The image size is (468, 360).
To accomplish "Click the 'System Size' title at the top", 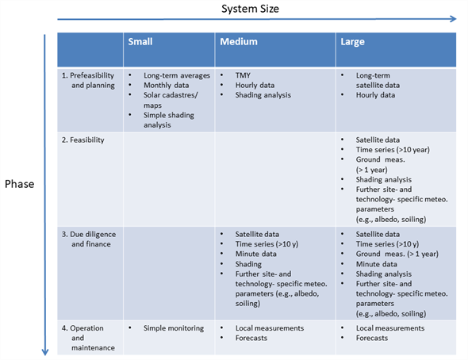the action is pos(250,9).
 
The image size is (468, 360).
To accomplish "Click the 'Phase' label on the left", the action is pos(19,184).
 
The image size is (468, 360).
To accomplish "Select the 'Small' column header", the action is pos(140,41).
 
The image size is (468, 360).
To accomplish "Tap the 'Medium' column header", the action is pos(239,41).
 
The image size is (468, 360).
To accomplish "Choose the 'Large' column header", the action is pos(352,42).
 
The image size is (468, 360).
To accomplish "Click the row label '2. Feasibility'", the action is pos(83,140).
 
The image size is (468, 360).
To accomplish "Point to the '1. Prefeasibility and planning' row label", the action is pos(88,80).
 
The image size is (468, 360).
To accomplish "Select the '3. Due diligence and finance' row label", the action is pos(89,239).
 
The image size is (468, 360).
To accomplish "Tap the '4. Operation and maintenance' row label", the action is pos(88,338).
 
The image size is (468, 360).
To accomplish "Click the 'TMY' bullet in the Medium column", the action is pos(243,75).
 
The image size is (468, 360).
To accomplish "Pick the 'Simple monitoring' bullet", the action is pos(174,328).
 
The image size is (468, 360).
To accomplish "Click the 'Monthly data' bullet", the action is pos(167,86).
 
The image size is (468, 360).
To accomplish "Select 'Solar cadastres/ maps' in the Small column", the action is pos(171,100).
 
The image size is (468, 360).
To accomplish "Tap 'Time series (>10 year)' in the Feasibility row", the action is pos(393,150).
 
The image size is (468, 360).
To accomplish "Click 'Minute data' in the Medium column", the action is pos(255,254).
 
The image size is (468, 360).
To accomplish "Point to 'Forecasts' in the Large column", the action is pos(372,338).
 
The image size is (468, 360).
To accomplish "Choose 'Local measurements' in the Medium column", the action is pos(270,328).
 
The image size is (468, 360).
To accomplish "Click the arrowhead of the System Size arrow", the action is pos(454,19).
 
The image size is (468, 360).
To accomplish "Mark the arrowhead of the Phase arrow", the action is pos(45,352).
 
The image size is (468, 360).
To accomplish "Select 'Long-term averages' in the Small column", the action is pos(177,75).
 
